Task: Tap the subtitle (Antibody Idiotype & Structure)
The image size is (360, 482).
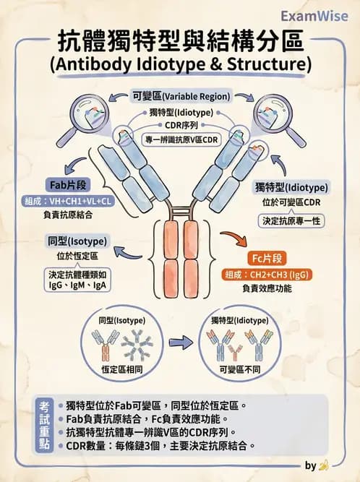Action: (180, 65)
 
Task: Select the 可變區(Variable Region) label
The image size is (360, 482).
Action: (181, 95)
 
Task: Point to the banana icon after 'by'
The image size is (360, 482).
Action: (324, 466)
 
